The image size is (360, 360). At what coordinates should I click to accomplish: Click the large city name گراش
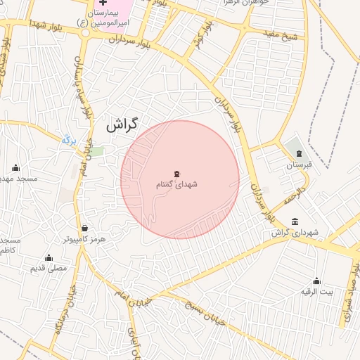pyautogui.click(x=120, y=126)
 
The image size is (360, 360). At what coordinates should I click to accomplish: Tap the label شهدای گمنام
pyautogui.click(x=176, y=184)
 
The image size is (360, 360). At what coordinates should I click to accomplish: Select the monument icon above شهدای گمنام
pyautogui.click(x=176, y=172)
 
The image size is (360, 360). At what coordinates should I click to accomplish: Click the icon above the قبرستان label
pyautogui.click(x=299, y=153)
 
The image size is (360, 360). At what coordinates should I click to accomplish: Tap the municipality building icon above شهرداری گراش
pyautogui.click(x=293, y=221)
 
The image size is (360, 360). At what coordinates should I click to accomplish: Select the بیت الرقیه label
pyautogui.click(x=316, y=291)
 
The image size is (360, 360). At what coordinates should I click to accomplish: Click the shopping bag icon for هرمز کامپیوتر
pyautogui.click(x=85, y=228)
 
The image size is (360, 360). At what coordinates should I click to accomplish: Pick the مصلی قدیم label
pyautogui.click(x=49, y=269)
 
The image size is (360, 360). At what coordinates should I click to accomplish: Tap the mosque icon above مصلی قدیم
pyautogui.click(x=49, y=257)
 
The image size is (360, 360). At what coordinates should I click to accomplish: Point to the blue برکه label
pyautogui.click(x=68, y=140)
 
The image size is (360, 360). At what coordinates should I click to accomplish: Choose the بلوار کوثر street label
pyautogui.click(x=201, y=38)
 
